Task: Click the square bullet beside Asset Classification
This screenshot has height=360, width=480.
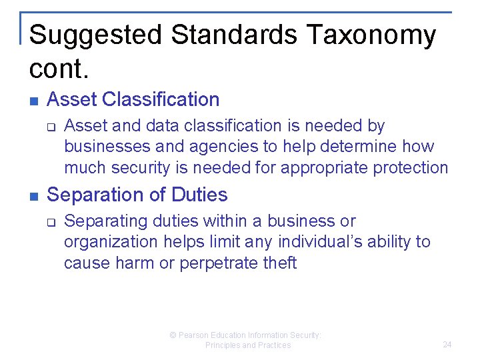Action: coord(34,101)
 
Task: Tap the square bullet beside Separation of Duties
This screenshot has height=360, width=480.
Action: coord(34,197)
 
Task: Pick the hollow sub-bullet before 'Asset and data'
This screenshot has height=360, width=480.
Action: coord(53,126)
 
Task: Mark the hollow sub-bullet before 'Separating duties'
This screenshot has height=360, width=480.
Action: coord(53,221)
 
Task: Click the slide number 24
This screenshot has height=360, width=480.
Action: coord(447,345)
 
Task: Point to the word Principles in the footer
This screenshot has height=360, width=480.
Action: coord(222,345)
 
